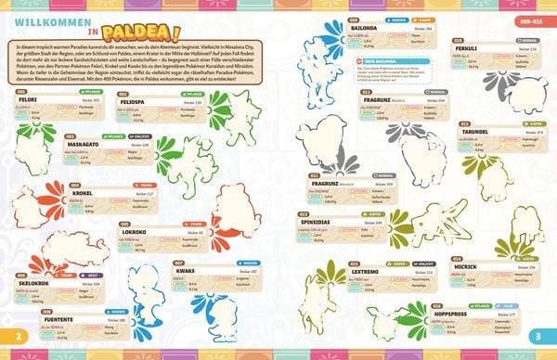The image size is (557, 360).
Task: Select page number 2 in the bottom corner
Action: tap(16, 335)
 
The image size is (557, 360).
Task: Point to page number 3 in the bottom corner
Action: tap(539, 335)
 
